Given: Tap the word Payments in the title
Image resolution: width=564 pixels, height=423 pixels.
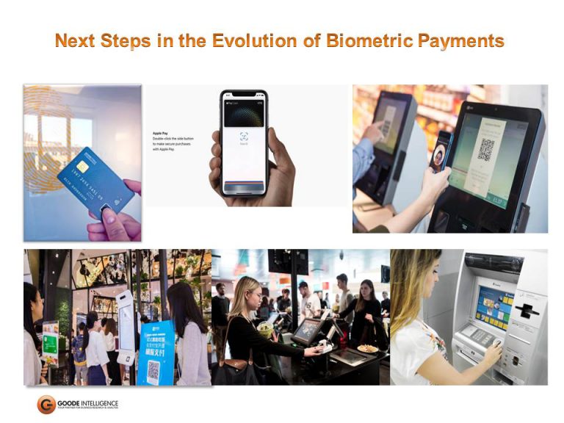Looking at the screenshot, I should [x=460, y=41].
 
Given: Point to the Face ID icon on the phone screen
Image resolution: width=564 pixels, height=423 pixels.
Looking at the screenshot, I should [x=243, y=136].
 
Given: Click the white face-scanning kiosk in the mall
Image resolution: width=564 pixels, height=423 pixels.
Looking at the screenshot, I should [x=126, y=328].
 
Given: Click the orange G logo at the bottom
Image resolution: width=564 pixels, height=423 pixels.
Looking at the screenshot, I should [x=46, y=405].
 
